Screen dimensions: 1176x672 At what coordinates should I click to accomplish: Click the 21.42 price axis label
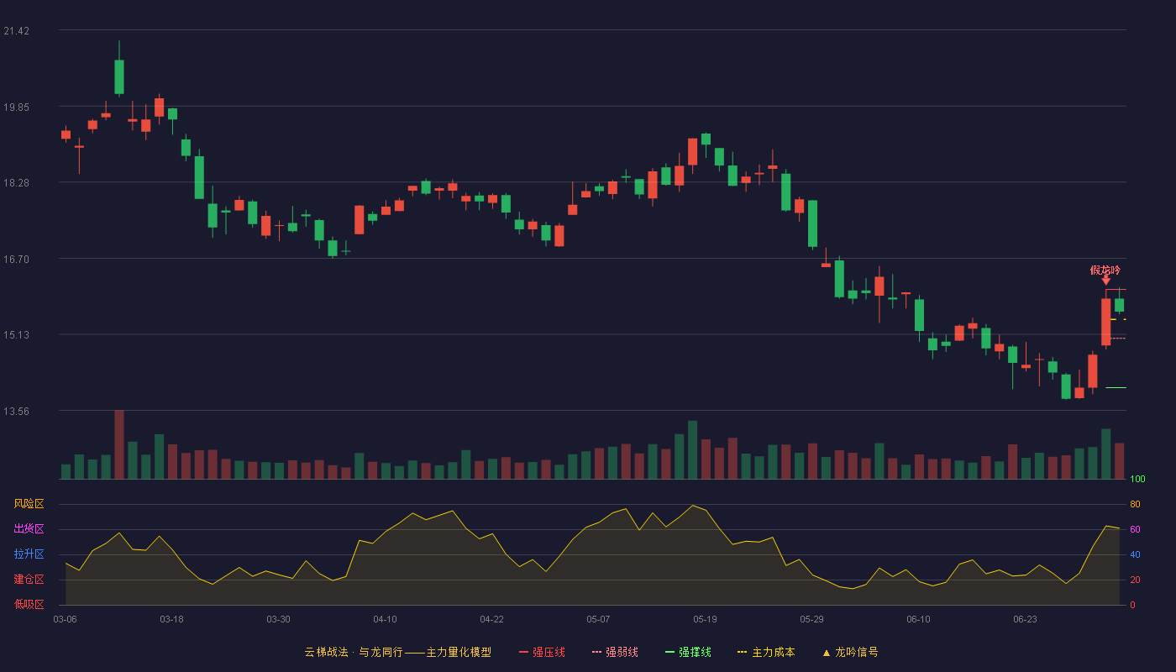coord(16,31)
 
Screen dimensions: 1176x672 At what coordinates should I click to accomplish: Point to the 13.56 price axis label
coord(16,411)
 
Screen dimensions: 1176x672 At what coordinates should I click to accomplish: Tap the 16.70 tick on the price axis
coord(16,260)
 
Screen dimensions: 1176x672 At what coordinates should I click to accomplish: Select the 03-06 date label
coord(66,620)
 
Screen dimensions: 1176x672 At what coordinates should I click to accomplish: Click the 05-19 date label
coord(705,620)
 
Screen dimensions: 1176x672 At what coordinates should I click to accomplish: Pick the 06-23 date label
coord(1026,620)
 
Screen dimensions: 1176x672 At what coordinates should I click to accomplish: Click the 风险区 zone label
coord(29,504)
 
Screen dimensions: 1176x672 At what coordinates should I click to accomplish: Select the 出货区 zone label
coord(29,528)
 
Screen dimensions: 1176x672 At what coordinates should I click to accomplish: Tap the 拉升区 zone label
coord(29,554)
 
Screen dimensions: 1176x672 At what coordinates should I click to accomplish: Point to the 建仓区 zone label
coord(29,579)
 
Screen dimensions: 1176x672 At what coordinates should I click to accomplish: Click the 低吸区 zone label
coord(29,604)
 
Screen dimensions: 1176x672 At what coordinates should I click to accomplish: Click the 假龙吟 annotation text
coord(1105,270)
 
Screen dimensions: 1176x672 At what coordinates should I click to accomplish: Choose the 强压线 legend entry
coord(542,652)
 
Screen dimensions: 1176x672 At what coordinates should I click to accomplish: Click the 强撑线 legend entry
coord(688,652)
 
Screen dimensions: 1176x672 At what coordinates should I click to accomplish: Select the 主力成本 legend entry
coord(766,652)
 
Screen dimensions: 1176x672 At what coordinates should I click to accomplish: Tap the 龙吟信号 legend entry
coord(850,652)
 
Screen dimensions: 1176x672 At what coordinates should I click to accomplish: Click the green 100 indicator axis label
coord(1137,479)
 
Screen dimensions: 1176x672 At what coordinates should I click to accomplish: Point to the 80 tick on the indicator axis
coord(1135,504)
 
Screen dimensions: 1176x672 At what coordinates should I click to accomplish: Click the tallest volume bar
coord(119,444)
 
